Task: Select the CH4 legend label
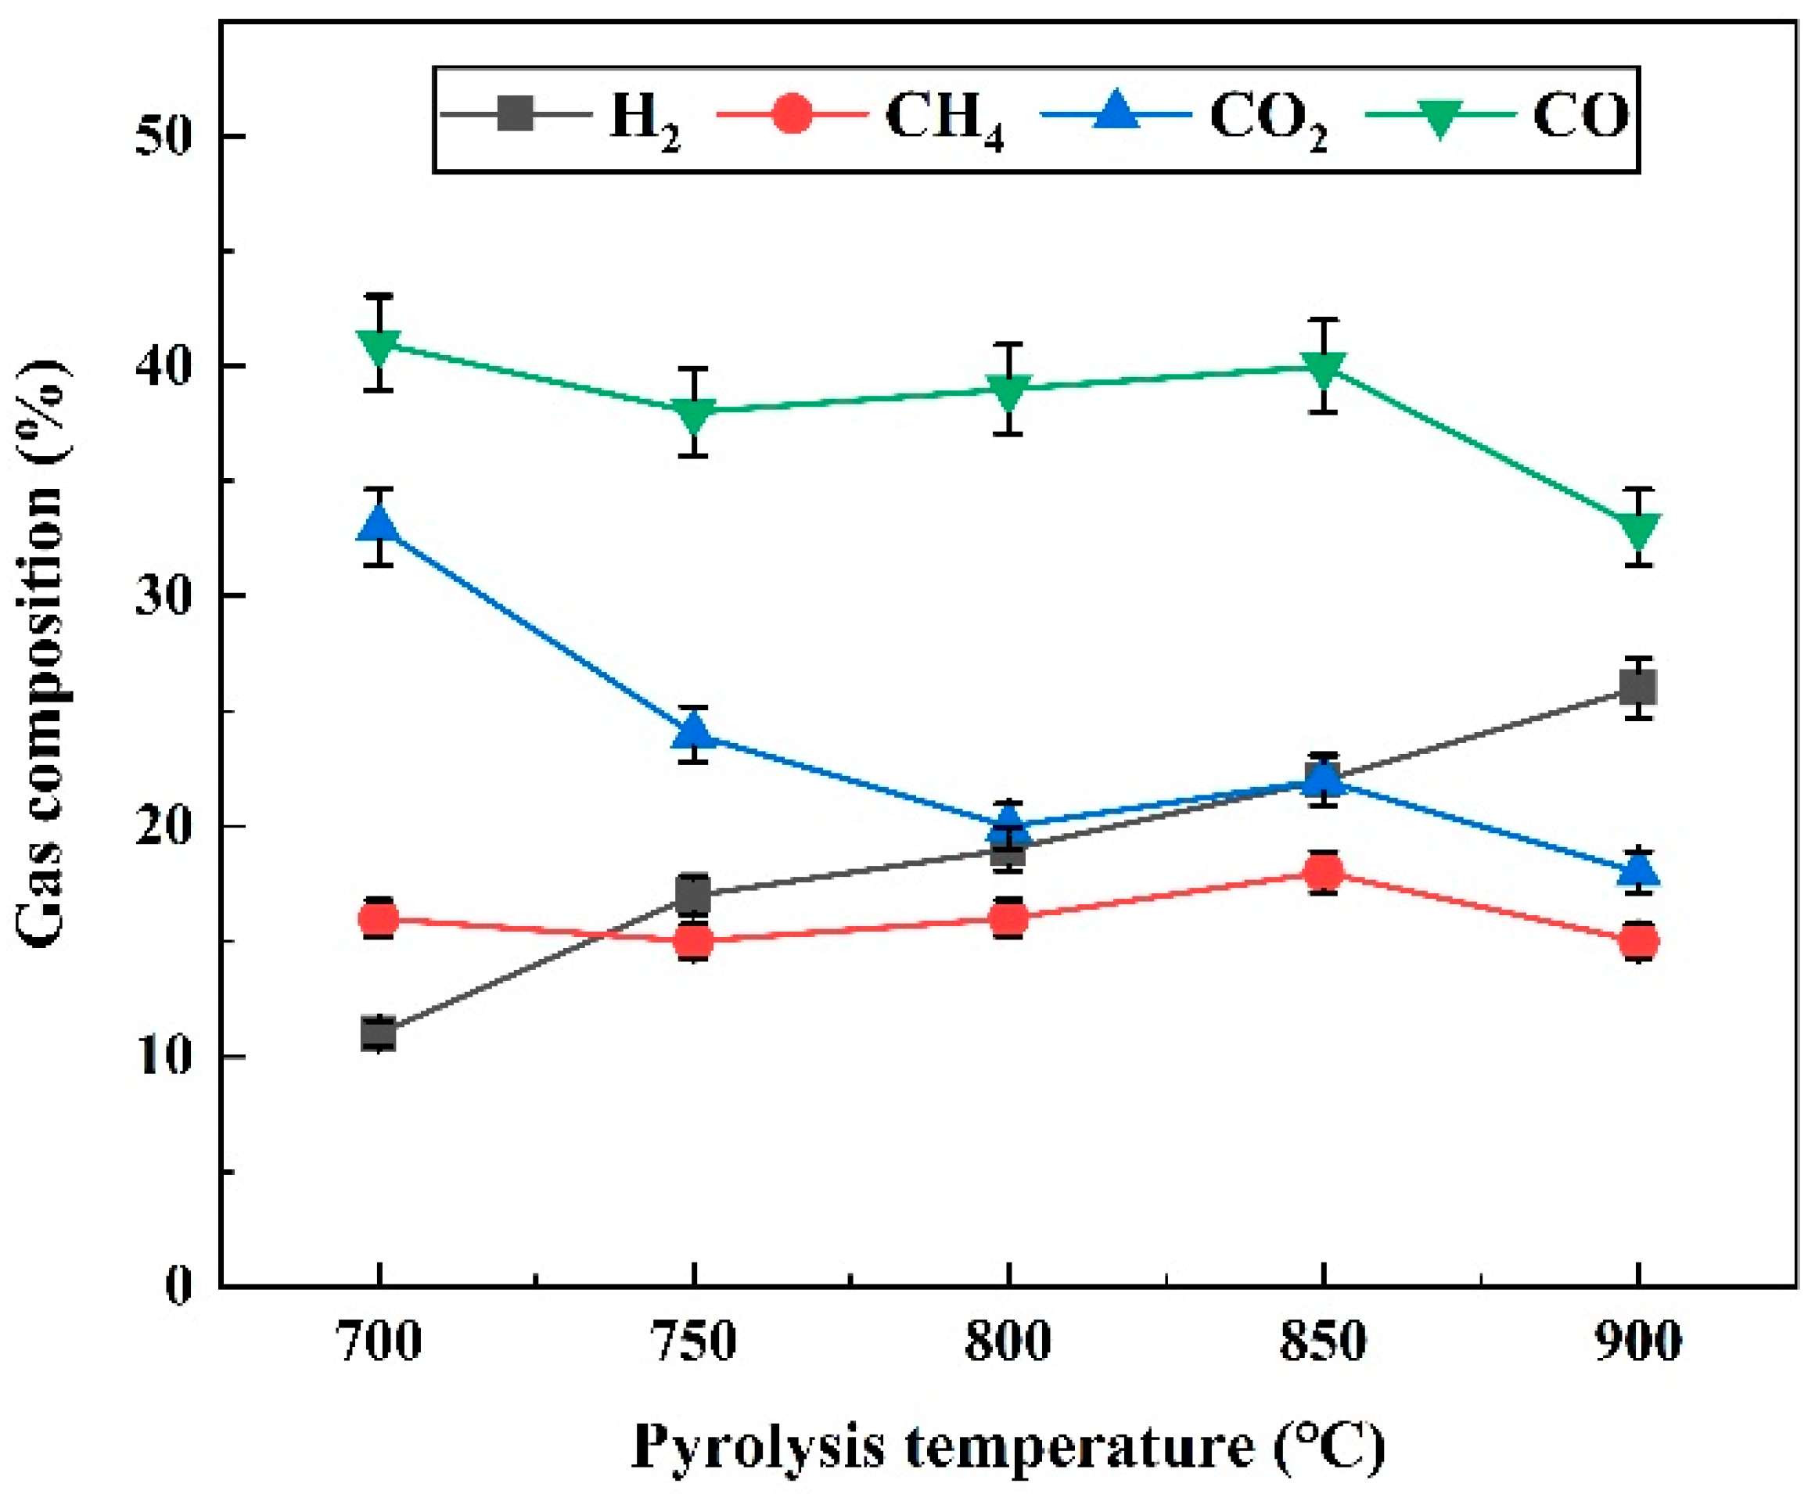tap(943, 118)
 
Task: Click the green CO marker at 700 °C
tap(379, 345)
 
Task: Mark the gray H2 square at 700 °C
tap(379, 1033)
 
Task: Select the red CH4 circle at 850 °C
tap(1324, 872)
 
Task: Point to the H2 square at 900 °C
tap(1638, 688)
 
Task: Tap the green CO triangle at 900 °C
tap(1638, 530)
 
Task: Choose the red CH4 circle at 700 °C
tap(379, 919)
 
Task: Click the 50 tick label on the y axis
tap(164, 136)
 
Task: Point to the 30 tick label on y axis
tap(164, 595)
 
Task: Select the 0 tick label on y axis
tap(177, 1287)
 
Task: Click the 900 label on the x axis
tap(1638, 1342)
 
